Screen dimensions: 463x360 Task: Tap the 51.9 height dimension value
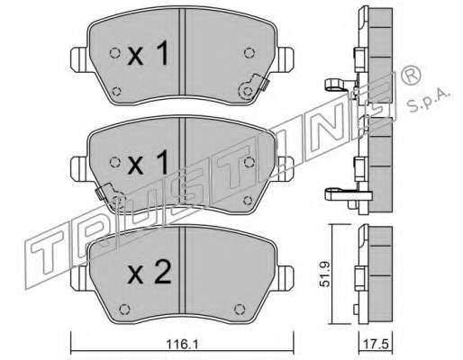pos(325,274)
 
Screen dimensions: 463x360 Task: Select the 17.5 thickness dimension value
pos(376,343)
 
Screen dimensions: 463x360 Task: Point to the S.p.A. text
pos(429,101)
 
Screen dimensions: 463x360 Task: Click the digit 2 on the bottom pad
pos(163,272)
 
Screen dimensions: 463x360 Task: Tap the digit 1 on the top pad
pos(162,53)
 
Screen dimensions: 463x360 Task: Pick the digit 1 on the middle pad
pos(162,162)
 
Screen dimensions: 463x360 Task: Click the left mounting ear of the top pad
pos(80,59)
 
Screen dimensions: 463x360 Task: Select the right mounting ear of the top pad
pos(286,59)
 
